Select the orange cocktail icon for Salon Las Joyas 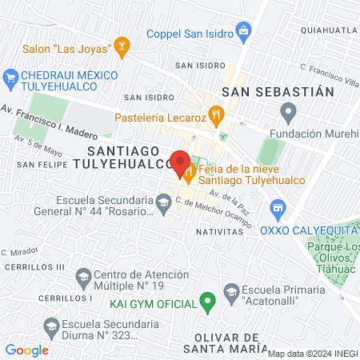coord(122,46)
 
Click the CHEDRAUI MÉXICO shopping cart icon coord(10,76)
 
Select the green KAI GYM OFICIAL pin coord(208,303)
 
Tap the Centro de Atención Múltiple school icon coord(82,277)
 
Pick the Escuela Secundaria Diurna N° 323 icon coord(51,326)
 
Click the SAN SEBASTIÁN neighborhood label coord(278,91)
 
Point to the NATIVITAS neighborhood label coord(218,230)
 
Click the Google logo coord(26,350)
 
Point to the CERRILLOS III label coord(32,266)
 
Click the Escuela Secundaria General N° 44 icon coord(163,205)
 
